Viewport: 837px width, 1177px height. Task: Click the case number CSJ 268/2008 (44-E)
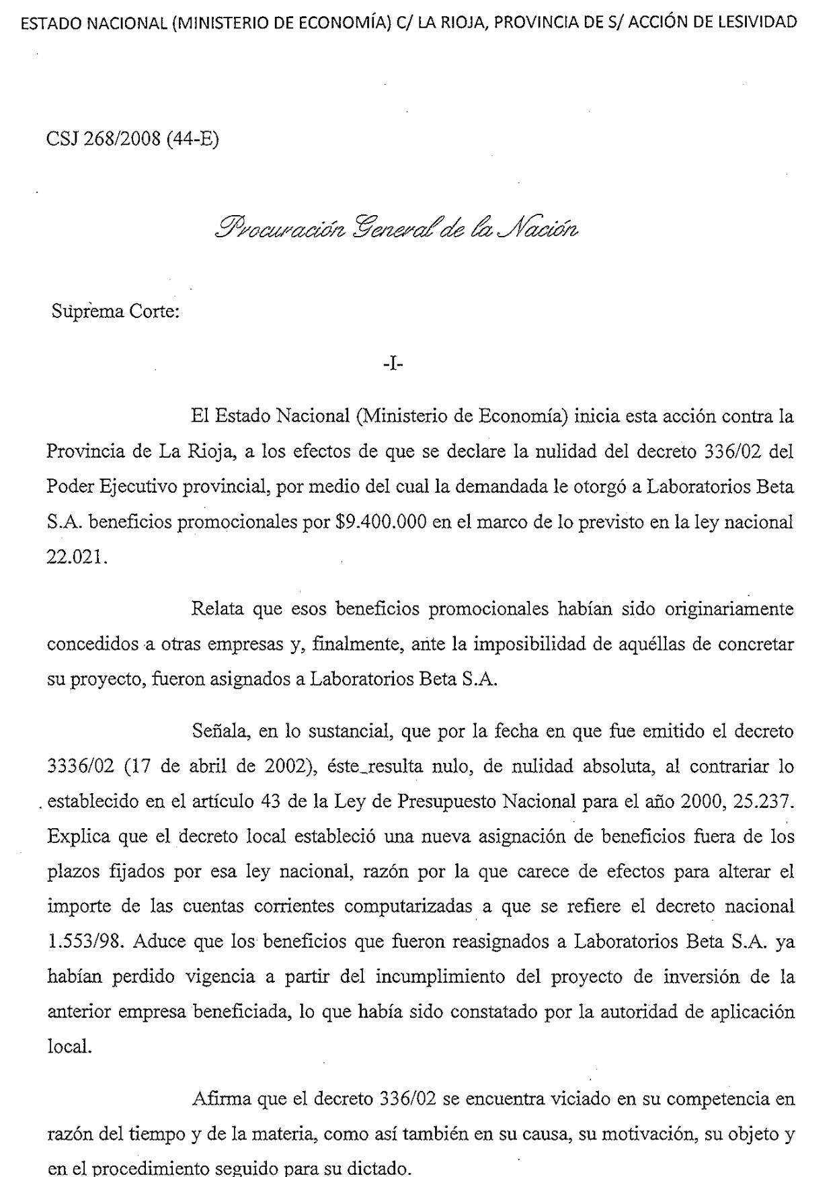(x=132, y=139)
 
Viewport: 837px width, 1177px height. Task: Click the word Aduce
(x=158, y=941)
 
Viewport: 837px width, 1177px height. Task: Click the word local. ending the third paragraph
(x=69, y=1047)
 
